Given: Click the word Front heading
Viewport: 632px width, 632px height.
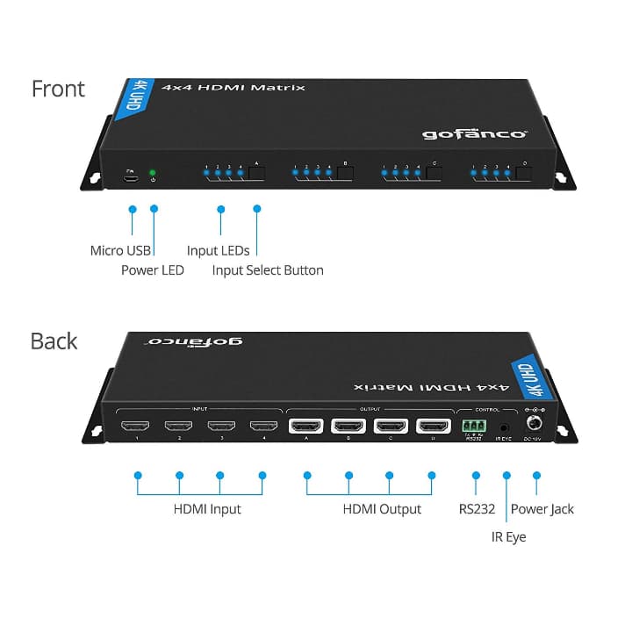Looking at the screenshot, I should coord(58,89).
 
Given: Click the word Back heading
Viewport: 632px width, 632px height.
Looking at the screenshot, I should coord(54,341).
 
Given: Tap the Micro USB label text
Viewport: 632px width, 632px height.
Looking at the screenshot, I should coord(118,251).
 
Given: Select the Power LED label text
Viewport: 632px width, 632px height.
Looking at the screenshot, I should coord(153,270).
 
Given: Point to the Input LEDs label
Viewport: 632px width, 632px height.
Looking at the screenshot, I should coord(218,251).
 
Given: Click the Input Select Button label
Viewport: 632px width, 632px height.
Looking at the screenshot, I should coord(268,270).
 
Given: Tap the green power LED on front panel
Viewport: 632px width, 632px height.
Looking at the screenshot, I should coord(153,172).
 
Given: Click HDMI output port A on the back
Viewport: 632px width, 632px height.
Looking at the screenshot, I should coord(305,427).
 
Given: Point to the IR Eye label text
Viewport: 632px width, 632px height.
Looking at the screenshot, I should coord(508,535).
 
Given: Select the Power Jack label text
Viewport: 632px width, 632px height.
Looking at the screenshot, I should coord(542,509).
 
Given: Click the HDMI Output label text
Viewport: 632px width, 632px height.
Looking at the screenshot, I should coord(382,509).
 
